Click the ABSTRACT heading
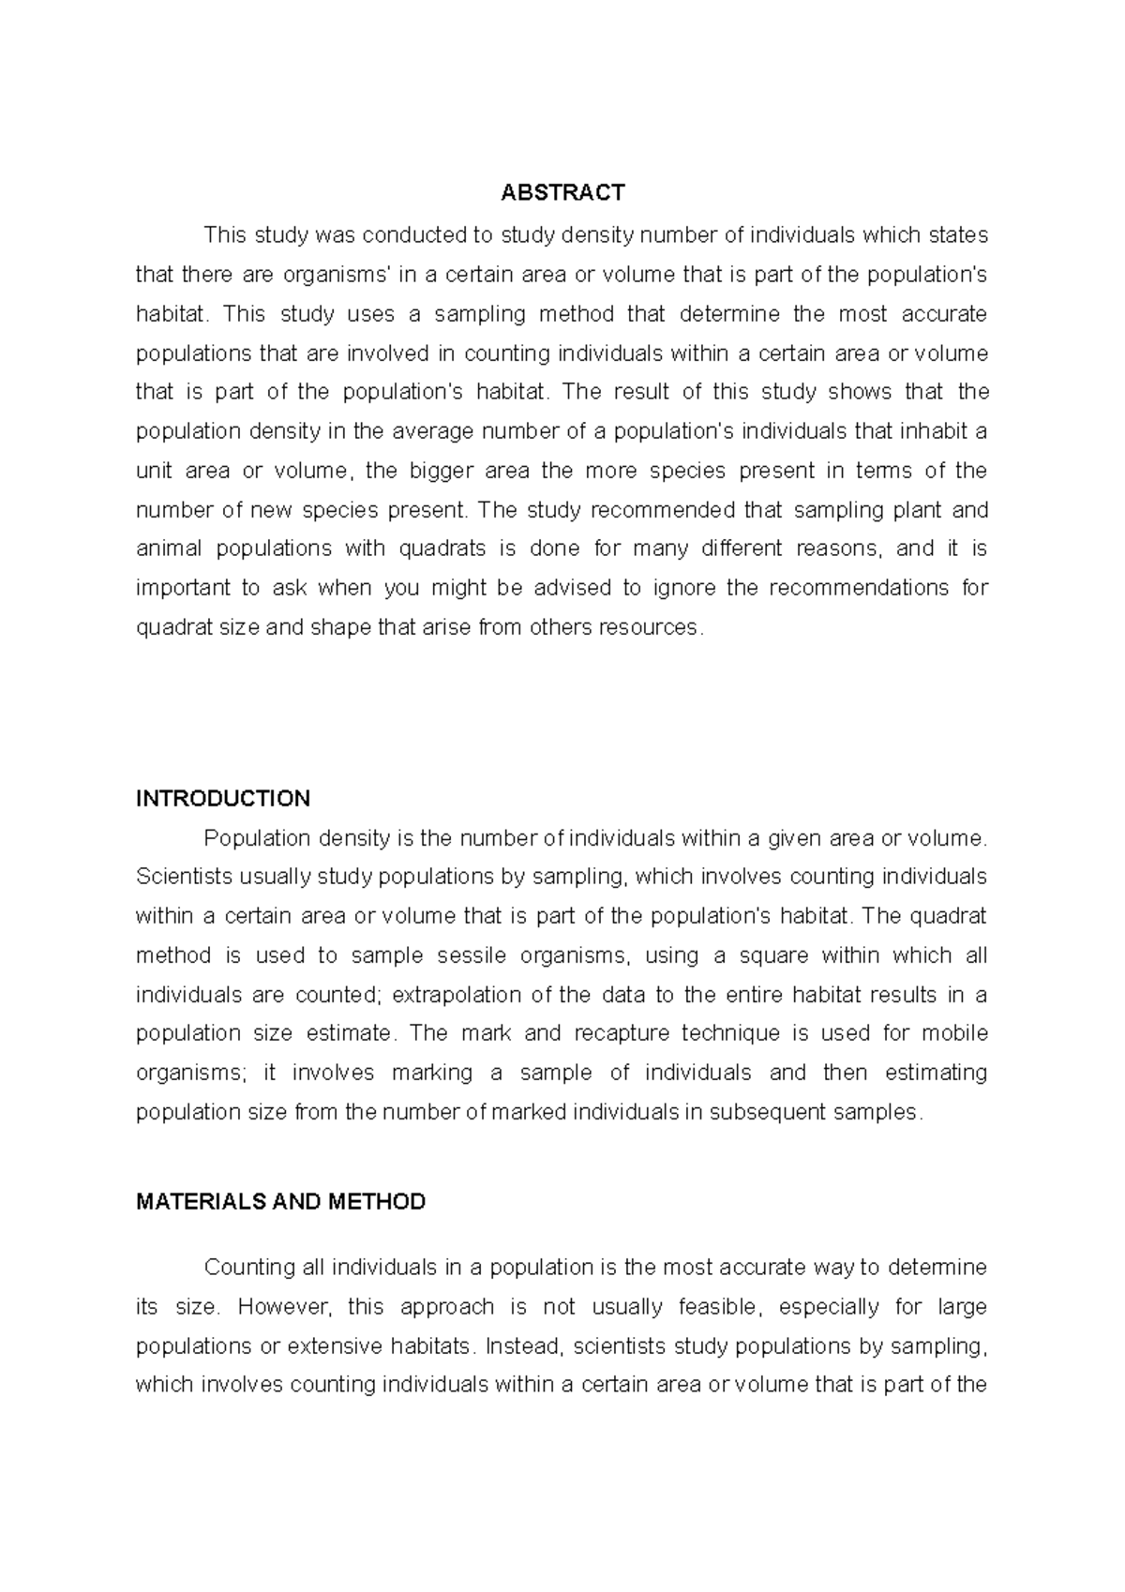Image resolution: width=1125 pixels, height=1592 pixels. tap(562, 193)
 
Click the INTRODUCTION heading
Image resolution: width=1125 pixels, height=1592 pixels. tap(223, 799)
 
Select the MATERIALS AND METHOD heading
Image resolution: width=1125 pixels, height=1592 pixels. tap(280, 1202)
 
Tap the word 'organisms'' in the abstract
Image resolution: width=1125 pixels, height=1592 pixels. tap(337, 275)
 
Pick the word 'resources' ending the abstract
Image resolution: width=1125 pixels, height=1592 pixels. tap(652, 627)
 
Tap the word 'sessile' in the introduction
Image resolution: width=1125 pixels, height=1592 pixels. tap(472, 955)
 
